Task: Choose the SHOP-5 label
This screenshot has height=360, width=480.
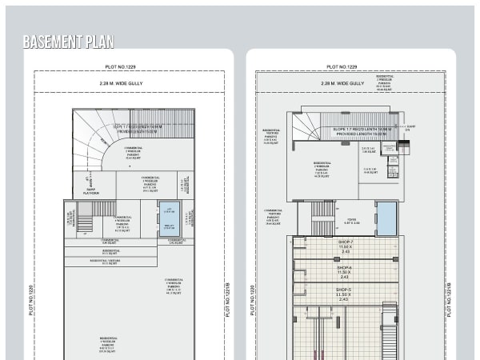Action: (x=344, y=292)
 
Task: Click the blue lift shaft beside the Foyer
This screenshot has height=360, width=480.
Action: (x=386, y=218)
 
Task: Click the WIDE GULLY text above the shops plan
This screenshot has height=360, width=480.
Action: (x=348, y=83)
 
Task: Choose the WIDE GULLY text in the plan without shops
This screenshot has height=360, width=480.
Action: (x=128, y=82)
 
